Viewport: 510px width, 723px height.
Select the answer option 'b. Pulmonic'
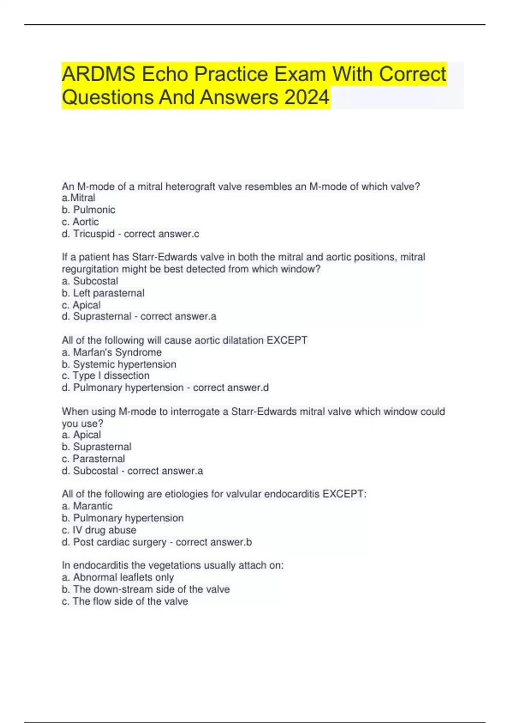88,210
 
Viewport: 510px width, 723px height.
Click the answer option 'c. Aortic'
80,222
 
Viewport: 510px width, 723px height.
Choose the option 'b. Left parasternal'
103,293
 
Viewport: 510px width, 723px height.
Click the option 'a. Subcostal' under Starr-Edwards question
90,281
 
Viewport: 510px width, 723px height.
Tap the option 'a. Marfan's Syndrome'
112,352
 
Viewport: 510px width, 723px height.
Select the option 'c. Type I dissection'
105,376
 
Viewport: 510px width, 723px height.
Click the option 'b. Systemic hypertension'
119,364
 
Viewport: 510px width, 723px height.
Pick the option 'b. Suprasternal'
96,447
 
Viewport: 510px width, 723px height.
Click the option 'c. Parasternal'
93,458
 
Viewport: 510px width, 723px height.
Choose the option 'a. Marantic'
87,506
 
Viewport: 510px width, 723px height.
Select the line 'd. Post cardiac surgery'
114,542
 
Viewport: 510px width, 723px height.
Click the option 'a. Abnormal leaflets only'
118,577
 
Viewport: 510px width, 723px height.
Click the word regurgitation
90,269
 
